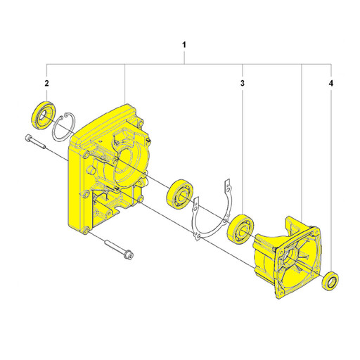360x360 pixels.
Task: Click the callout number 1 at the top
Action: pos(184,44)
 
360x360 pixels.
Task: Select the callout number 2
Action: pos(46,83)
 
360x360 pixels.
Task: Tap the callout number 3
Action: pos(243,83)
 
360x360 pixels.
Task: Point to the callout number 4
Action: pos(330,83)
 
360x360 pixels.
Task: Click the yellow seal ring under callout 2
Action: pos(44,115)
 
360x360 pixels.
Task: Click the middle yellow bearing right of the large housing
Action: pos(181,193)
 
